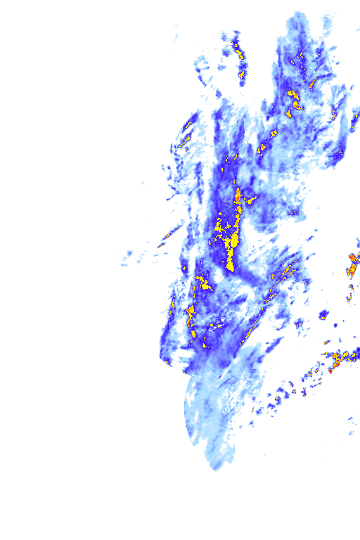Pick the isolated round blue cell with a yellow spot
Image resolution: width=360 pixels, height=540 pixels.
pyautogui.click(x=324, y=313)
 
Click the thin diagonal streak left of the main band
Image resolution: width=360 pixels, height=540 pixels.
pyautogui.click(x=167, y=236)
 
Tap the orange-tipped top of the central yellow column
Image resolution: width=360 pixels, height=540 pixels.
pyautogui.click(x=238, y=193)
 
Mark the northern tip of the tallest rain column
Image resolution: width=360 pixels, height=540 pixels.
pyautogui.click(x=298, y=14)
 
